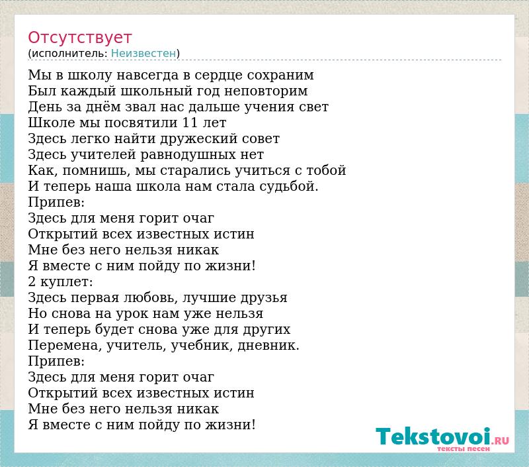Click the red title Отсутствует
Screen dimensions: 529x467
79,38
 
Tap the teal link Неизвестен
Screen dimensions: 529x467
143,54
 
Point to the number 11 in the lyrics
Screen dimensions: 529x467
190,123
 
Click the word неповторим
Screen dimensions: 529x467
266,91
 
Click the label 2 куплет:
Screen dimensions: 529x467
60,282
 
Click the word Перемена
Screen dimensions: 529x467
65,346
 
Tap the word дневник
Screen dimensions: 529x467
268,345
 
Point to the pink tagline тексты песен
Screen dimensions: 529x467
463,448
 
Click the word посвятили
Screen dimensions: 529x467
141,123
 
